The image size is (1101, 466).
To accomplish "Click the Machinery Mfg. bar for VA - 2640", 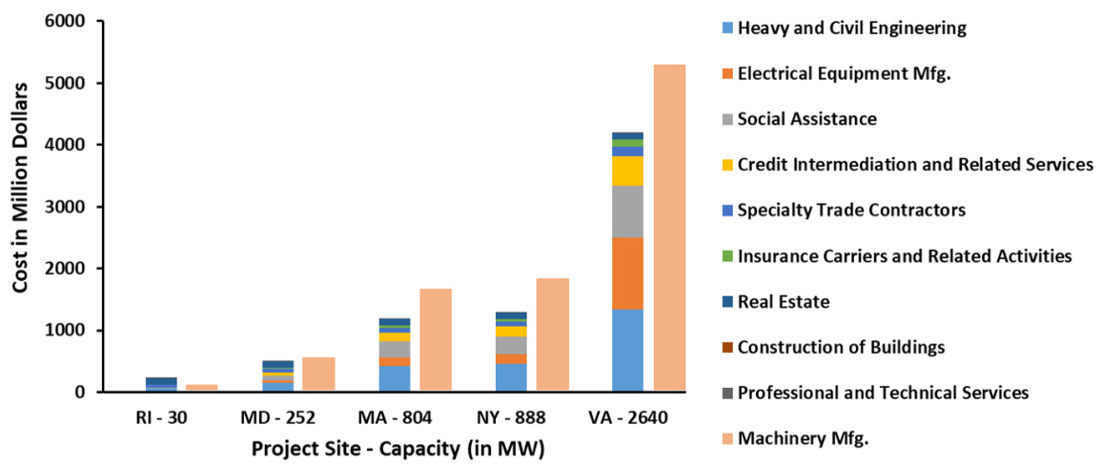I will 669,228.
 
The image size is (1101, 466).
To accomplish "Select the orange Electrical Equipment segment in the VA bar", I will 627,274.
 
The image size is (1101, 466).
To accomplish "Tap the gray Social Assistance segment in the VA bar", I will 627,212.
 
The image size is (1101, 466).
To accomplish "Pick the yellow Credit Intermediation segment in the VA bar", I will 627,171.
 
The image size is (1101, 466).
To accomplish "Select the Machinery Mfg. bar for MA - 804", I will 436,340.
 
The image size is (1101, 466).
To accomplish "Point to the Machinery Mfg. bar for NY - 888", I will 553,334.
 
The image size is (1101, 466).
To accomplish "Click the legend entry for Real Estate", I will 784,302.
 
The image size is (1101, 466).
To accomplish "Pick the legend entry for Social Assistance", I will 806,119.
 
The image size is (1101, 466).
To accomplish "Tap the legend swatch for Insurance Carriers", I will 728,256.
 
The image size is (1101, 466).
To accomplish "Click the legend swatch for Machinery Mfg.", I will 728,438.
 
